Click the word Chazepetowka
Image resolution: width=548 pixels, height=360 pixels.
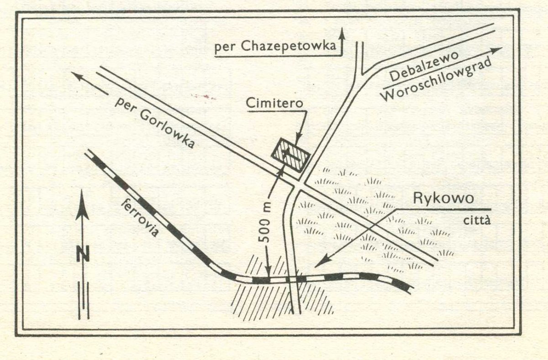(289, 46)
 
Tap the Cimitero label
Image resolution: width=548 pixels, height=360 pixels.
(274, 103)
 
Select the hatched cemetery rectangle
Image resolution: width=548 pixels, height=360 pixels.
(290, 156)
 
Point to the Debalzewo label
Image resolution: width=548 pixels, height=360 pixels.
(424, 66)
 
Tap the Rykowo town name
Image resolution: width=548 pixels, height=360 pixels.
(443, 198)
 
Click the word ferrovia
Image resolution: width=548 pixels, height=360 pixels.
(139, 218)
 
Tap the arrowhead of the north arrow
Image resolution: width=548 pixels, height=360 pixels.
(82, 205)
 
